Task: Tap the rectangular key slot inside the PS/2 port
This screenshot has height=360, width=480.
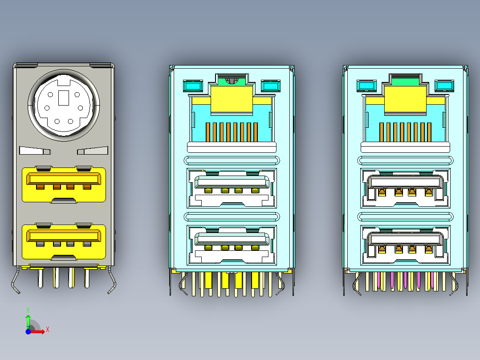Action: coord(63,98)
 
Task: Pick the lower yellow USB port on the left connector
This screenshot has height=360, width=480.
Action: coord(64,241)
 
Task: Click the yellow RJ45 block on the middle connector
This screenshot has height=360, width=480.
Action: coord(232,99)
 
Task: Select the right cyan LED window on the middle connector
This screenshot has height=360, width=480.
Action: coord(270,86)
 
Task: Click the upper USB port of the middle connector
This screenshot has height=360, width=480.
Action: coord(232,188)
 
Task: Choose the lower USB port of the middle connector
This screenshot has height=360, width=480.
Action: coord(232,245)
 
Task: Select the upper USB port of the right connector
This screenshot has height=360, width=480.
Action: coord(405,188)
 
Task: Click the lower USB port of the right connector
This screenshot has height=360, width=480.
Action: coord(405,245)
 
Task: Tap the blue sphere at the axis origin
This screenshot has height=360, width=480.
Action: coord(28,331)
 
